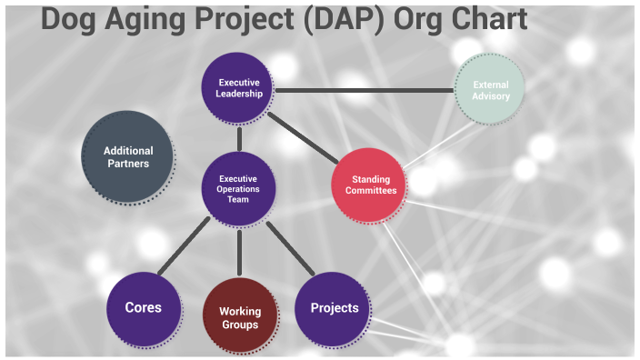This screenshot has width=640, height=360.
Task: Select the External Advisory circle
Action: click(491, 90)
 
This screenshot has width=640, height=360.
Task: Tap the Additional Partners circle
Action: click(127, 157)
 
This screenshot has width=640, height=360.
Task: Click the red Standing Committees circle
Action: click(367, 185)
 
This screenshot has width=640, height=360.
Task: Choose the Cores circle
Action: click(143, 307)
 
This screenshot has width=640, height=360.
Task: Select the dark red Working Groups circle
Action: click(239, 317)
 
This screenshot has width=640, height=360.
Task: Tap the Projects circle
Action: click(334, 308)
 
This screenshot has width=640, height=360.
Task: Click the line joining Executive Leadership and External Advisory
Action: click(364, 90)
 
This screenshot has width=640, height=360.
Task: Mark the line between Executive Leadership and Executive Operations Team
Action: click(240, 137)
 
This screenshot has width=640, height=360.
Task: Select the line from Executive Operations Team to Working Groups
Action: click(239, 250)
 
